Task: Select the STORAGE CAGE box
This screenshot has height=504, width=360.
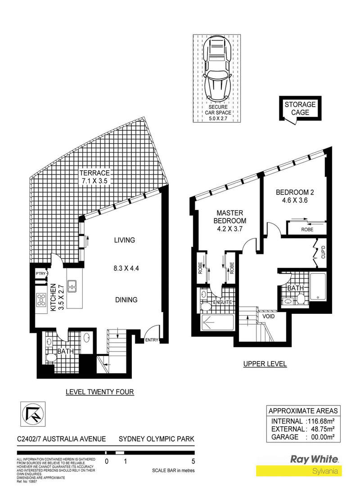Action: click(300, 108)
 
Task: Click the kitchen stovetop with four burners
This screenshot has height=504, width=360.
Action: click(42, 300)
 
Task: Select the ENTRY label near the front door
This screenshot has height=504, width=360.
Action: click(152, 340)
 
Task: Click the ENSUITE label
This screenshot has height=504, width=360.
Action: click(222, 302)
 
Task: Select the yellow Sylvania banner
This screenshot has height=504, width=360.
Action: click(299, 471)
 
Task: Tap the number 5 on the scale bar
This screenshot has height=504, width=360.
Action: click(193, 461)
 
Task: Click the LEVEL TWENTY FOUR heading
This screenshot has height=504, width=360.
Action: click(99, 392)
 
